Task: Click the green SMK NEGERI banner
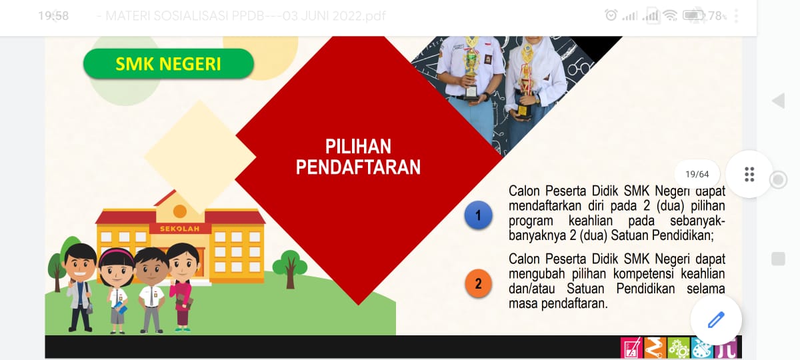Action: pos(169,64)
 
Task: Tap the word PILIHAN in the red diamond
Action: pos(358,147)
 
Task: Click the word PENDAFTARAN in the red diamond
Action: pos(358,167)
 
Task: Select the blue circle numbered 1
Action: pos(478,215)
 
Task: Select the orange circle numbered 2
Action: pos(478,283)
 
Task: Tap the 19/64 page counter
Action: pos(697,174)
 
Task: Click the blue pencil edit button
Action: pos(716,319)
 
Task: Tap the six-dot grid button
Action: pos(749,174)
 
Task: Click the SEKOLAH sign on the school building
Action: pos(179,229)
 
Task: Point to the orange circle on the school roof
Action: pos(180,211)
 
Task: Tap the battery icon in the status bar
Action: pos(693,15)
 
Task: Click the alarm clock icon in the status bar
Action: pos(611,15)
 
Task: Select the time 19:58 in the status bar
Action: pos(53,16)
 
